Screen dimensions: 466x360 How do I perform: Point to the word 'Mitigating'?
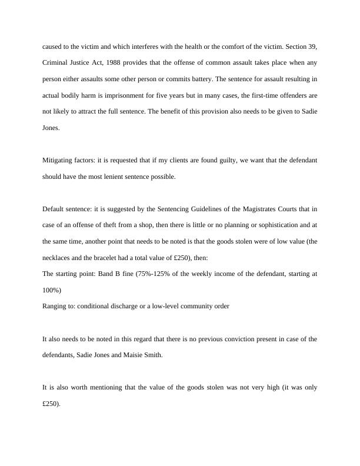tap(57, 160)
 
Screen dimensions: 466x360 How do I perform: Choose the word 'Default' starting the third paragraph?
tap(55, 209)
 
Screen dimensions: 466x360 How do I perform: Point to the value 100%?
tap(52, 289)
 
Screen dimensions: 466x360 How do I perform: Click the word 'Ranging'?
tap(55, 306)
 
